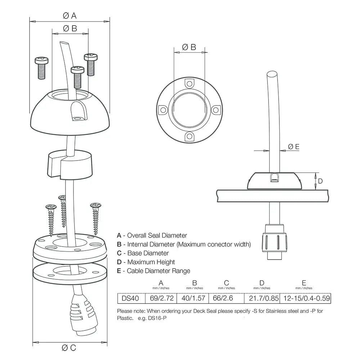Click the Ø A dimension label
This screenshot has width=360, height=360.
click(70, 15)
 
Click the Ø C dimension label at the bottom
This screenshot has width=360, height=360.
click(69, 347)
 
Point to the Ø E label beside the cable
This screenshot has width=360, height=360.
click(294, 147)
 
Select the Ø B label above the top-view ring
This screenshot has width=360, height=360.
click(189, 47)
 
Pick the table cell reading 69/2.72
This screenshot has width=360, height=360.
click(161, 298)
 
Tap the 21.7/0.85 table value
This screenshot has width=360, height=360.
click(262, 298)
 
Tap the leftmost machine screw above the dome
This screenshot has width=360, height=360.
click(40, 67)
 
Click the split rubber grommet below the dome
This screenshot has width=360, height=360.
click(70, 164)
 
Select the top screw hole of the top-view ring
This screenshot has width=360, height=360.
click(189, 84)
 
